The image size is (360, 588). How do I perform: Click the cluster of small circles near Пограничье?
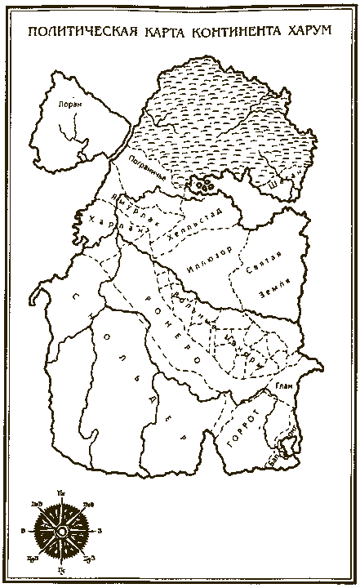point(201,185)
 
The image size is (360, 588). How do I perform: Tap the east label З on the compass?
point(99,532)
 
